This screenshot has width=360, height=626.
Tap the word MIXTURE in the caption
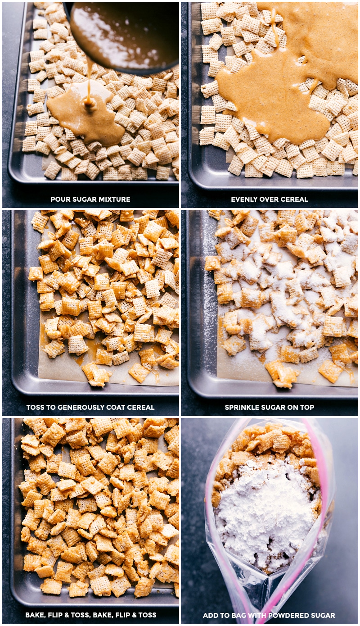(x=112, y=199)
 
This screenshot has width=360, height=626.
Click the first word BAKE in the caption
(x=35, y=615)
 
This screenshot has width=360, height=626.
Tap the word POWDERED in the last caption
(x=288, y=615)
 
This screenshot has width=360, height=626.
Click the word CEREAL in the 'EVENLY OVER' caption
(x=295, y=199)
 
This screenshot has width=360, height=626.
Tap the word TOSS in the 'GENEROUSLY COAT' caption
(x=36, y=407)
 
